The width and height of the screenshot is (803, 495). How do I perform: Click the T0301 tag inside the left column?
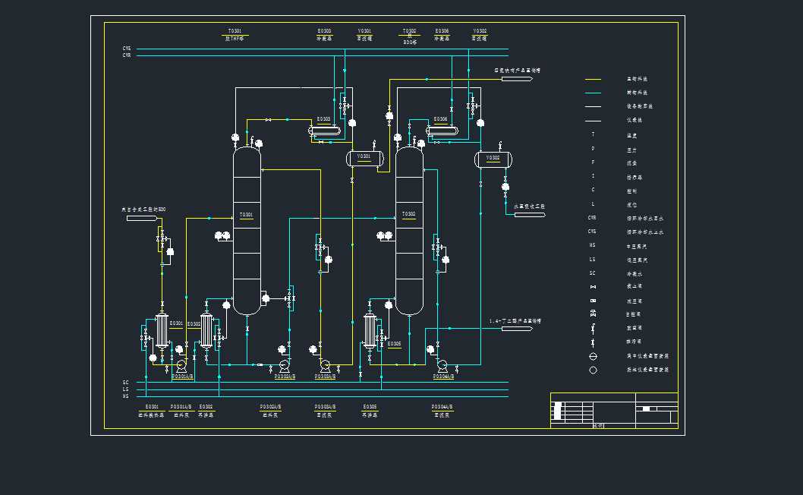click(x=246, y=215)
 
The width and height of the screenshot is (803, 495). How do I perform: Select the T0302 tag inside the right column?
click(x=408, y=214)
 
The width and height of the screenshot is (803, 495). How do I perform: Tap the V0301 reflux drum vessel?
click(x=364, y=157)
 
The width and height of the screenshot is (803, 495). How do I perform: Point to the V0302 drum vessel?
click(x=493, y=159)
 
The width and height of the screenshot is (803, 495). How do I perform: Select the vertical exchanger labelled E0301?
click(x=161, y=332)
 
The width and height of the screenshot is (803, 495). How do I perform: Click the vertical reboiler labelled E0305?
click(x=370, y=330)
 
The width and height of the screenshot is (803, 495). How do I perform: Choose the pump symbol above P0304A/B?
click(x=441, y=364)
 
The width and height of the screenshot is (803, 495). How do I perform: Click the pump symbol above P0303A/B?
click(x=325, y=364)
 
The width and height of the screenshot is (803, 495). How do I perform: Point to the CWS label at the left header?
click(x=126, y=48)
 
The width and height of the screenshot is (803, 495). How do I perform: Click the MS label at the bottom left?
click(x=126, y=396)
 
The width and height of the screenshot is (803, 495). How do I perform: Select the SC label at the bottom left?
click(x=126, y=383)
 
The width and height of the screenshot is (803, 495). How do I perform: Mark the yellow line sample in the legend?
click(x=593, y=79)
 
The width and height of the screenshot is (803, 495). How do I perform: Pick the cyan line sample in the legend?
click(x=593, y=93)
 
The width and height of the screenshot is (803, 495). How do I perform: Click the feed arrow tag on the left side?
click(x=141, y=219)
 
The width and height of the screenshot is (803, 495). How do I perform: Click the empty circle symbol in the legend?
click(x=593, y=370)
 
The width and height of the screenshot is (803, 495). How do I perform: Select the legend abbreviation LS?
click(x=593, y=260)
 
